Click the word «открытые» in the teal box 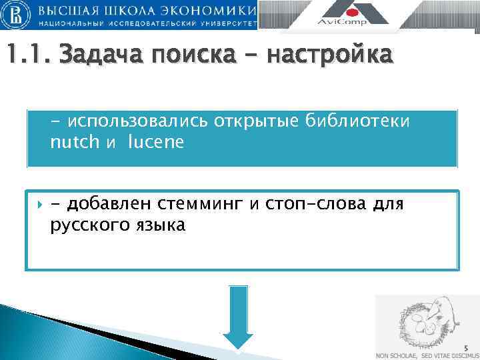coord(257,123)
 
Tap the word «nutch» coord(73,142)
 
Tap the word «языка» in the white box coord(159,225)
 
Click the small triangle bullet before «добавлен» coord(38,203)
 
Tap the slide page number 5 coord(467,347)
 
